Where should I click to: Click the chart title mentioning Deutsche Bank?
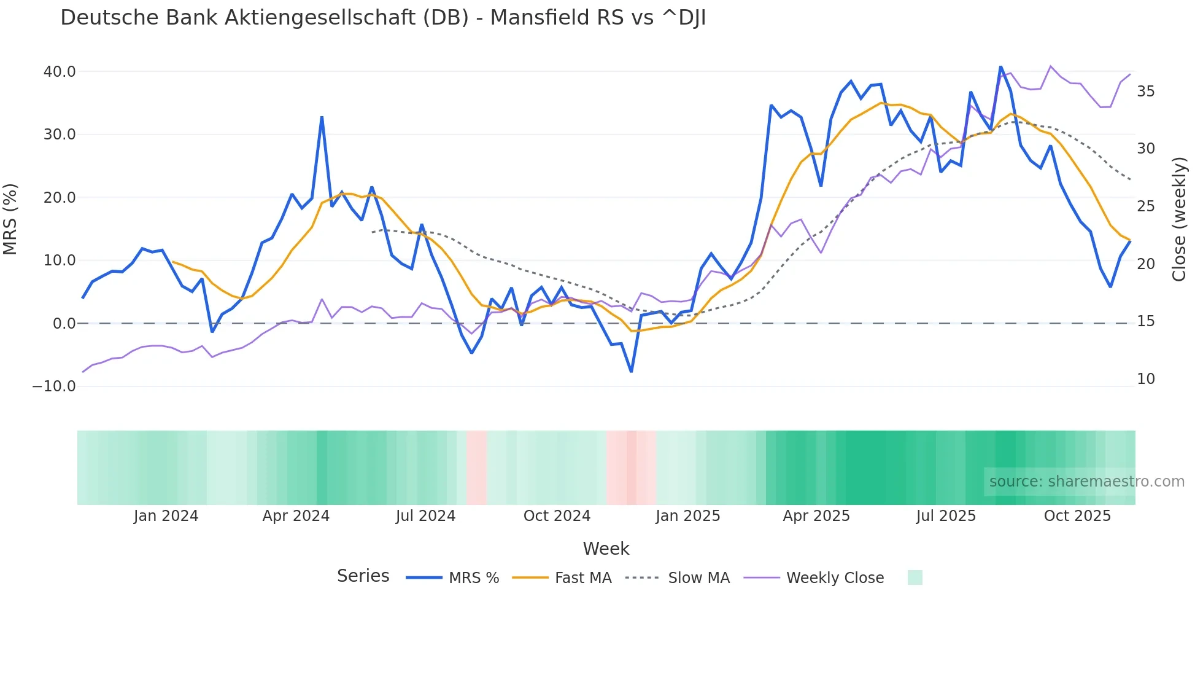383,18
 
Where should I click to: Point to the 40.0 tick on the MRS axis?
60,72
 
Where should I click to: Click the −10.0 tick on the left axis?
54,386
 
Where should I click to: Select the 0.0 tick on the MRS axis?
64,324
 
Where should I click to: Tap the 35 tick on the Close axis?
1145,92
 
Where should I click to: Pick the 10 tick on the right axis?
1145,379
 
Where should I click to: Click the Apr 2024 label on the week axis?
296,516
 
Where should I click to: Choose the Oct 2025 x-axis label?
1077,516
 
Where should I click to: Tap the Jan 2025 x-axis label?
687,516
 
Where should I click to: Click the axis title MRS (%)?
10,219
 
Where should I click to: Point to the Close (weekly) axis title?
1178,219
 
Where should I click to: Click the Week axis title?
606,549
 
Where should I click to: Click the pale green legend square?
915,578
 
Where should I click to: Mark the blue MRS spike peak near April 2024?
322,117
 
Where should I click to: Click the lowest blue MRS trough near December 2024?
631,371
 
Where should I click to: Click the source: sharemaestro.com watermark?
1086,482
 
